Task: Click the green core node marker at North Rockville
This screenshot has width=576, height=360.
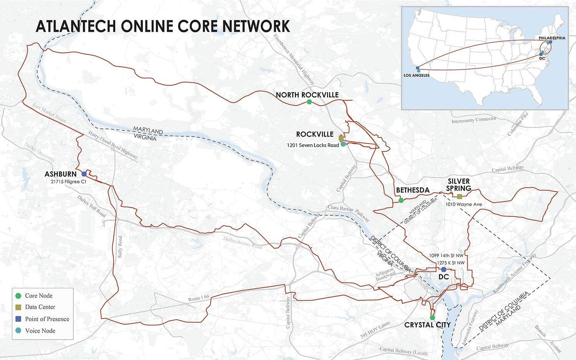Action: pyautogui.click(x=310, y=102)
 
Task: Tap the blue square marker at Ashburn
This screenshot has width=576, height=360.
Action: pyautogui.click(x=84, y=174)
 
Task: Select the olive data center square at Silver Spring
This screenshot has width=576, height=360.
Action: pyautogui.click(x=460, y=196)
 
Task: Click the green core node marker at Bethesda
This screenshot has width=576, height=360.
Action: pyautogui.click(x=401, y=200)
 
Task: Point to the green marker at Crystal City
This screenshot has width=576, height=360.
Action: pyautogui.click(x=432, y=317)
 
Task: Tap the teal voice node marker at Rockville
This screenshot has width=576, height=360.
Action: pyautogui.click(x=343, y=144)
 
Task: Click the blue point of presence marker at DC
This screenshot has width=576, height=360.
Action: pyautogui.click(x=444, y=269)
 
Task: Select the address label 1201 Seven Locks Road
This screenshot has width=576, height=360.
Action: pyautogui.click(x=313, y=145)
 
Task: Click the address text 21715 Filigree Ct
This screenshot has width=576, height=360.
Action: pyautogui.click(x=68, y=182)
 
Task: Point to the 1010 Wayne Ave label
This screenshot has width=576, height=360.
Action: pyautogui.click(x=463, y=204)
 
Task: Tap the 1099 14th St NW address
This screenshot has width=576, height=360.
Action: pyautogui.click(x=446, y=255)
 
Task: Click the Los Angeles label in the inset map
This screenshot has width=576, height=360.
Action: pyautogui.click(x=416, y=76)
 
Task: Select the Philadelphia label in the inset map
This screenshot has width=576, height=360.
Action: pyautogui.click(x=552, y=38)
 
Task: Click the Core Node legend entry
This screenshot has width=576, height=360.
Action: pyautogui.click(x=38, y=296)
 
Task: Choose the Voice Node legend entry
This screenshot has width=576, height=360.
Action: pyautogui.click(x=40, y=330)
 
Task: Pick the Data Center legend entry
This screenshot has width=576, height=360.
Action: pyautogui.click(x=40, y=307)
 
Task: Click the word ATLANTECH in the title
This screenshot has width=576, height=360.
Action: pyautogui.click(x=76, y=26)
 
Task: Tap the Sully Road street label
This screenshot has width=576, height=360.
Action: pyautogui.click(x=120, y=246)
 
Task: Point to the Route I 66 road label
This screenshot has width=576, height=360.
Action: pyautogui.click(x=199, y=298)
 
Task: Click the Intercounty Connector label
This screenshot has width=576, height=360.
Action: pyautogui.click(x=473, y=120)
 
